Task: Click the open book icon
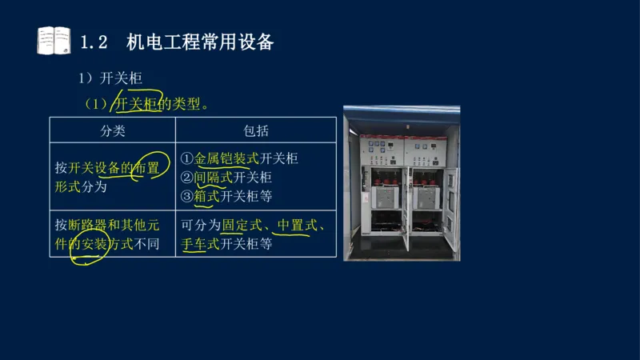pyautogui.click(x=54, y=41)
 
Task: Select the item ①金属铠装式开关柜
pyautogui.click(x=239, y=158)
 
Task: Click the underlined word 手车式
pyautogui.click(x=201, y=243)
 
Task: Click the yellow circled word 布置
pyautogui.click(x=147, y=168)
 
